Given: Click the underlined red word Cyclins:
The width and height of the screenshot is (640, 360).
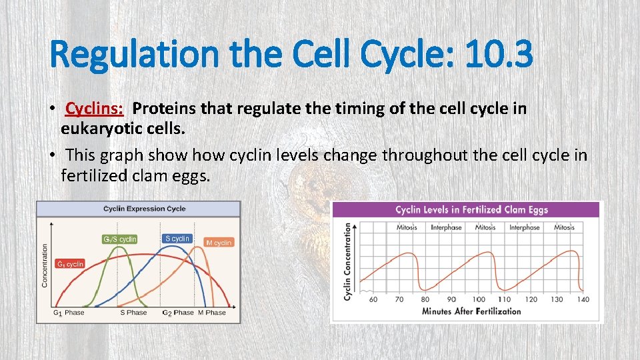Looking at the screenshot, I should coord(95,108).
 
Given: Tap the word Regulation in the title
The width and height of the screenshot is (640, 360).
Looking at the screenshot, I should coord(133,54).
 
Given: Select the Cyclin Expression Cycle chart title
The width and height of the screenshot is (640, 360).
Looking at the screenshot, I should coord(144,209).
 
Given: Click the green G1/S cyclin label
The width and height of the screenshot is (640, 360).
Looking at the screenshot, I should coord(120,239).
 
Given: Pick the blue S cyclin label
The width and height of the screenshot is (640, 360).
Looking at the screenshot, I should coord(177,238).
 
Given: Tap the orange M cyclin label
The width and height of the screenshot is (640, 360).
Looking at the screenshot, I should coord(219,243).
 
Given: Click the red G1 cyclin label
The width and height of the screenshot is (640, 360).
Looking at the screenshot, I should coord(70,264).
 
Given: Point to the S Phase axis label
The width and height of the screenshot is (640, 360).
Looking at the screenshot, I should coord(133,313).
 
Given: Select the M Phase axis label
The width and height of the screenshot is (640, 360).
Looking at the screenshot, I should coord(212,313).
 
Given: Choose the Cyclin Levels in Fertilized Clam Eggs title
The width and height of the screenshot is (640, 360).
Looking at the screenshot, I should coord(471,210).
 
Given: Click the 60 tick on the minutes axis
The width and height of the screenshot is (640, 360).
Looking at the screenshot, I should coord(373,299).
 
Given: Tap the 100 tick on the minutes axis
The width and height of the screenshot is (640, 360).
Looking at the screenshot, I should coord(479,299).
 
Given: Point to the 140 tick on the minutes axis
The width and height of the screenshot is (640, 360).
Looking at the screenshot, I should coord(583,299).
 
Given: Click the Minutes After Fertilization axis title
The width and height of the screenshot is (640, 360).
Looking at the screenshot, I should coord(471,311).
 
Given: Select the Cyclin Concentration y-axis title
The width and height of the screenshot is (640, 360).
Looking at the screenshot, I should coord(347,261).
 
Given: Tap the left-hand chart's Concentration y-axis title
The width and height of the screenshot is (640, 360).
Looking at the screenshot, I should coord(45,265).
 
